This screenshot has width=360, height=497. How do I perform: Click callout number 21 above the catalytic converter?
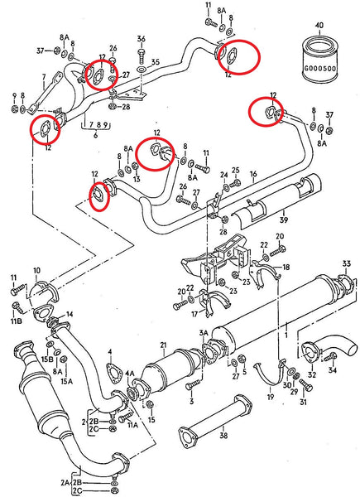[x=164, y=345]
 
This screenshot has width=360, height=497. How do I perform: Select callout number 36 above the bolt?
[x=141, y=40]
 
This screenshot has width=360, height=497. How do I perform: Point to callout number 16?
[x=253, y=175]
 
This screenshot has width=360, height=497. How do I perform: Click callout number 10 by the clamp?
[x=36, y=271]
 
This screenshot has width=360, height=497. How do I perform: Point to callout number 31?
[x=303, y=403]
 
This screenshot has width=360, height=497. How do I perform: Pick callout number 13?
[x=136, y=178]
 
